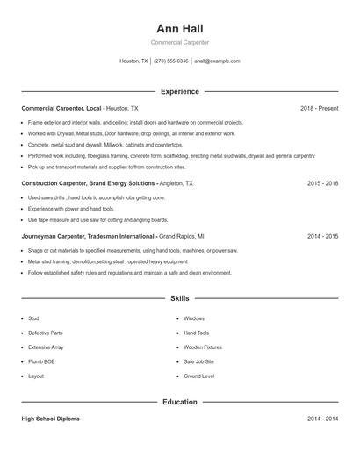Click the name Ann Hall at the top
tap(179, 29)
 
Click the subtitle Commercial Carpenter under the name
tap(179, 42)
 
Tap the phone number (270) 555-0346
tap(170, 61)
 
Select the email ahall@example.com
tap(217, 61)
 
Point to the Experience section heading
tap(179, 91)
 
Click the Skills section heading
tap(179, 299)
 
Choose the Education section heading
tap(179, 402)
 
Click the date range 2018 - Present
tap(319, 108)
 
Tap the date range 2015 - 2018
tap(322, 184)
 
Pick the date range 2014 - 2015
tap(322, 236)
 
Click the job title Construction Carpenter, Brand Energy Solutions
tap(89, 184)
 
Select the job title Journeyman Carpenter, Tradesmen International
tap(88, 236)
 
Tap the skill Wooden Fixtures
tap(202, 347)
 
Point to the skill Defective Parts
tap(46, 333)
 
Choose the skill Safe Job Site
tap(198, 361)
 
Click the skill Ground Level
tap(198, 376)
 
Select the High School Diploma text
tap(50, 418)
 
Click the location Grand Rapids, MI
tap(182, 236)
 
